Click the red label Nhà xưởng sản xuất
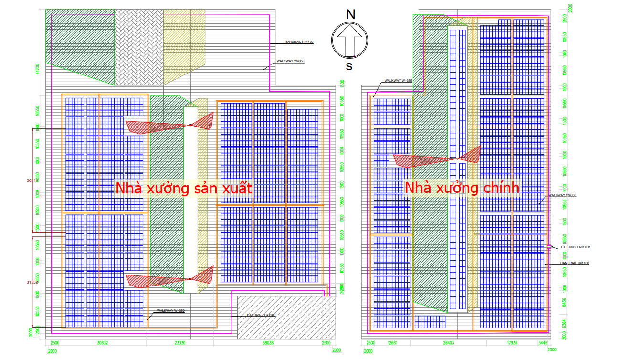[x=183, y=188]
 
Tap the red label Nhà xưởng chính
[x=462, y=188]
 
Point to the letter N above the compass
[x=350, y=15]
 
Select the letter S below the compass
[x=349, y=66]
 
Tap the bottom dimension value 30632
[x=102, y=343]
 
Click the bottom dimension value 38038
[x=269, y=343]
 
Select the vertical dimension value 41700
[x=37, y=70]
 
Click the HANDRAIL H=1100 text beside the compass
[x=299, y=42]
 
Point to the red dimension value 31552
[x=32, y=282]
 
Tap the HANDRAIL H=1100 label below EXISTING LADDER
[x=575, y=263]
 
